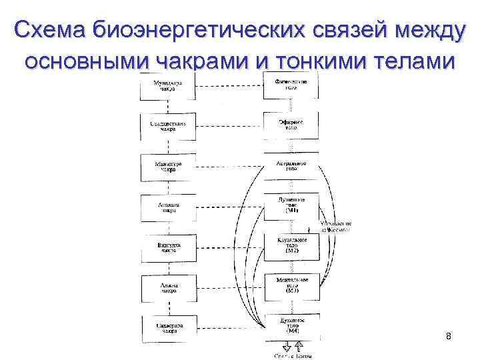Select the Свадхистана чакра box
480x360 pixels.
[168, 126]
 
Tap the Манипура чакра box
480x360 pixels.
[168, 167]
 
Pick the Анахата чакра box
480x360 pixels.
[168, 207]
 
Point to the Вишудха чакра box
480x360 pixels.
[168, 248]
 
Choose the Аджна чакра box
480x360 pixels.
[168, 288]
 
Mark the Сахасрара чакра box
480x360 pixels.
[168, 329]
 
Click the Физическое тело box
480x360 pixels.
[291, 85]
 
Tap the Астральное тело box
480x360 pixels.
[291, 166]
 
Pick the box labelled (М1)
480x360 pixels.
[291, 206]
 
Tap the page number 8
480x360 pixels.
[449, 336]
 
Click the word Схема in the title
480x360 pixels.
[51, 31]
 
